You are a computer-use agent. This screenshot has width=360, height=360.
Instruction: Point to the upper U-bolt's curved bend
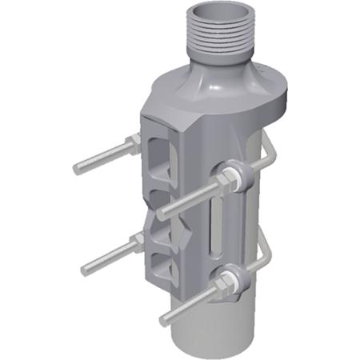(267, 156)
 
